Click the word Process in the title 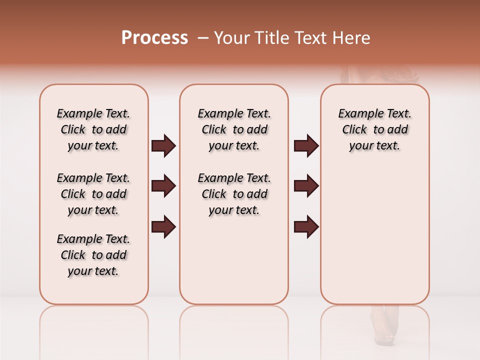154,38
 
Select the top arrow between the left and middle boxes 163,146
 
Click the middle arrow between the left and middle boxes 163,186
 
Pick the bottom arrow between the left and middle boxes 163,226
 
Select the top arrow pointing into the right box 306,146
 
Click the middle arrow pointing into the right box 306,186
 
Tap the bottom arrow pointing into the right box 306,226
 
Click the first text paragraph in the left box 93,129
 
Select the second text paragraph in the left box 93,194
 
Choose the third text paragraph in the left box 93,255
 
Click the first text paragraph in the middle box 234,129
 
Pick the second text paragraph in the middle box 234,194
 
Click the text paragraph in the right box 374,129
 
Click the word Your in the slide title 231,38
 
